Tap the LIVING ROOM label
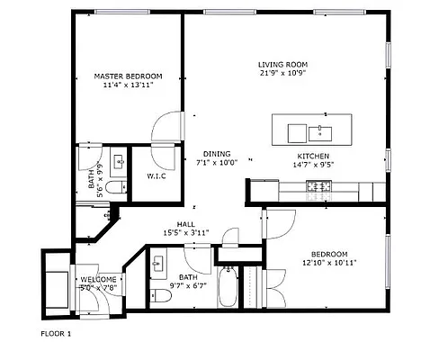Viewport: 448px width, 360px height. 282,64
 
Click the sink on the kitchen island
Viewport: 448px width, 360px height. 320,133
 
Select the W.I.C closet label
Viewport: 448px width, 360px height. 157,176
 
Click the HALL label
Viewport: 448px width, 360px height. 185,224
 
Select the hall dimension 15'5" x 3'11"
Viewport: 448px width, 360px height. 185,233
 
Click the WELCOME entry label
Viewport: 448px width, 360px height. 99,280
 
